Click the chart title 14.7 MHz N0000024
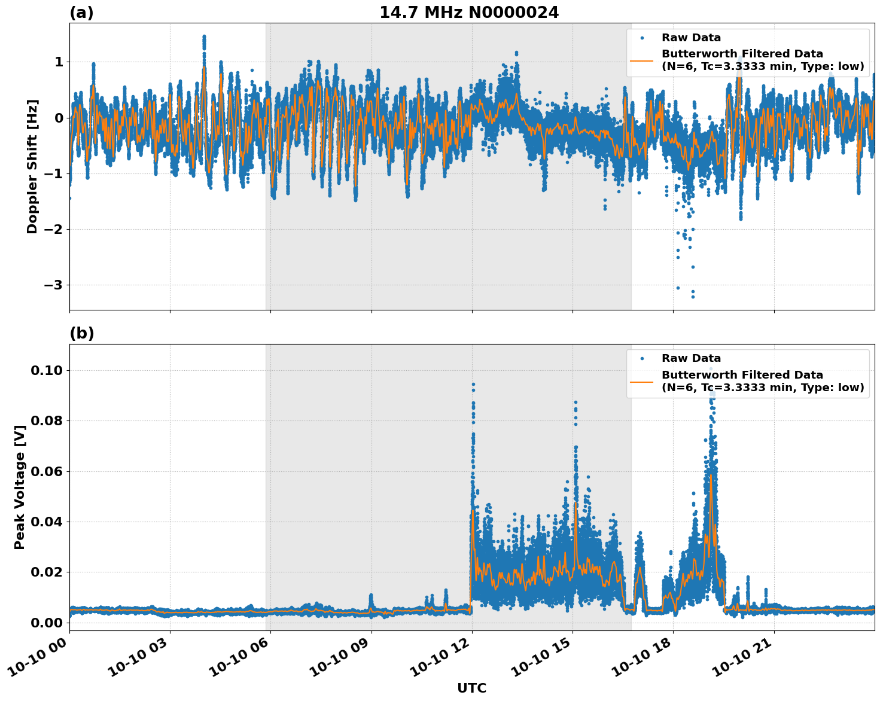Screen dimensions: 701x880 tap(469, 13)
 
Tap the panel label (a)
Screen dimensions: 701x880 tap(81, 13)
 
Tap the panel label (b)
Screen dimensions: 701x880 tap(81, 333)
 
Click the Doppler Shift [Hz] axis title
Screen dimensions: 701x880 tap(32, 166)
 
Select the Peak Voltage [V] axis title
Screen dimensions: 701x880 tap(20, 487)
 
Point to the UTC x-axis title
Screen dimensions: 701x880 tap(471, 688)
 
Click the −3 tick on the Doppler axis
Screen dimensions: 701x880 tap(53, 285)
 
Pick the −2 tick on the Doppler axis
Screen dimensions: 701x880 tap(53, 230)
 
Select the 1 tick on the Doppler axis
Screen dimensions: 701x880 tap(59, 62)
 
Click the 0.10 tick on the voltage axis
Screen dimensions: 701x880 tap(46, 371)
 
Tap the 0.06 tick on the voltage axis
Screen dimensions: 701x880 tap(46, 471)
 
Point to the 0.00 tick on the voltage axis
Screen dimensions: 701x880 tap(46, 623)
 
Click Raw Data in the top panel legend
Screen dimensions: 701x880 tap(691, 38)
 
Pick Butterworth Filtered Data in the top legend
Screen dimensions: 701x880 tap(742, 54)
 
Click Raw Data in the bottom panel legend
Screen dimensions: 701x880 tap(691, 359)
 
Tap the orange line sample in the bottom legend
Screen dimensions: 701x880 tap(641, 382)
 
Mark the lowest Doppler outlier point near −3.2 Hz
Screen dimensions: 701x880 tap(693, 297)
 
